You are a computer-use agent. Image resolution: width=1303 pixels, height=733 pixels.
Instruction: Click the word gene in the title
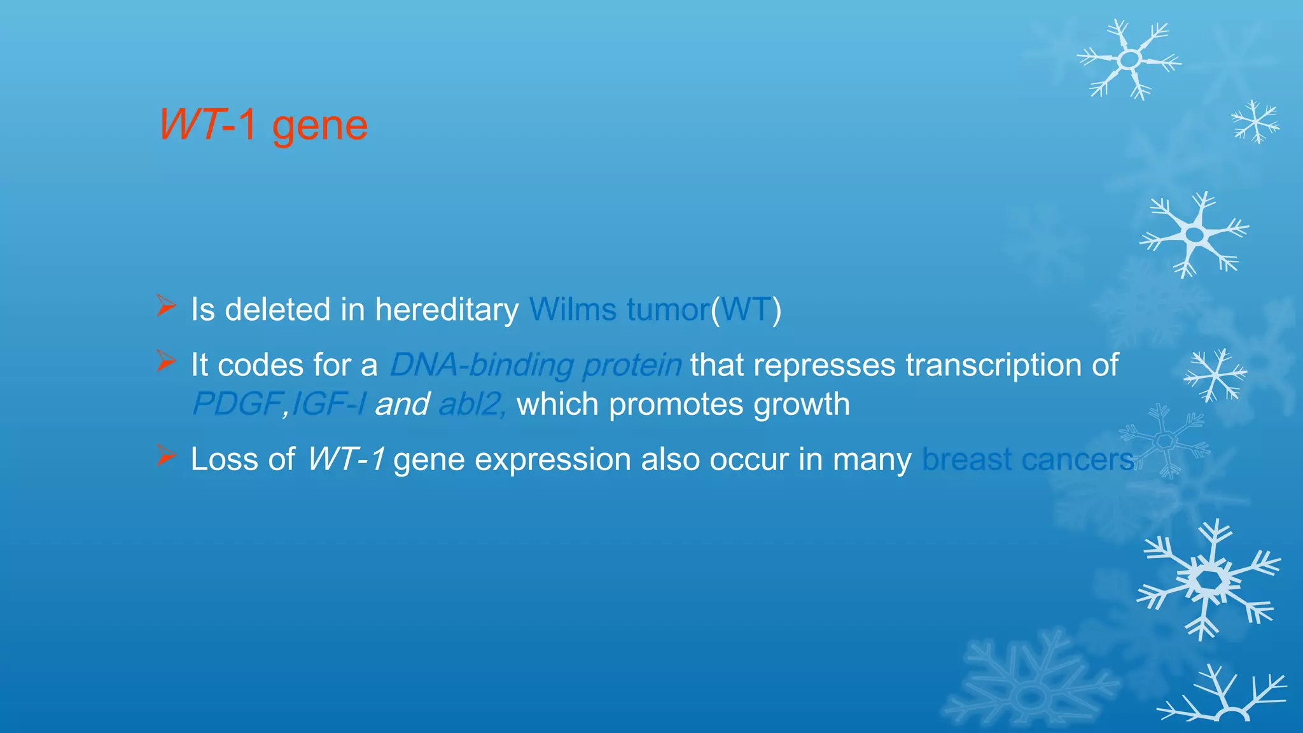[319, 126]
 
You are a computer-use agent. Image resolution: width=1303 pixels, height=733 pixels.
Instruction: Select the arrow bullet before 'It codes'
[166, 361]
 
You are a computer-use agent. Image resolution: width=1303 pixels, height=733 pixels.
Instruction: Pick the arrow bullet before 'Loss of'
[166, 456]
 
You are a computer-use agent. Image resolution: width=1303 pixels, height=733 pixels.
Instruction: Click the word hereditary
[447, 310]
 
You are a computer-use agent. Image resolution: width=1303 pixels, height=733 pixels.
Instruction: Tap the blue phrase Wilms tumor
[619, 310]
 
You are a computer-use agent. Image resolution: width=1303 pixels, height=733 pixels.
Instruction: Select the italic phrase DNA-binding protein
[535, 365]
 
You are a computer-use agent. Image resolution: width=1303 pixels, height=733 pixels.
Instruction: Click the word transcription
[993, 365]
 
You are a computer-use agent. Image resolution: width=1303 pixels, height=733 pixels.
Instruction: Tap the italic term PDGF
[237, 404]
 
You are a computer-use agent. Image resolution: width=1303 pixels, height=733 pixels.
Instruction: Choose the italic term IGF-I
[328, 404]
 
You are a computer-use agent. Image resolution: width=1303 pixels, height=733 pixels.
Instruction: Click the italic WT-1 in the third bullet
[345, 459]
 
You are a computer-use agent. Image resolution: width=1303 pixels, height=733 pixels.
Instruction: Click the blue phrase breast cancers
[1028, 459]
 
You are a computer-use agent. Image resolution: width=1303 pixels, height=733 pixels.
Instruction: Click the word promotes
[675, 405]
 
